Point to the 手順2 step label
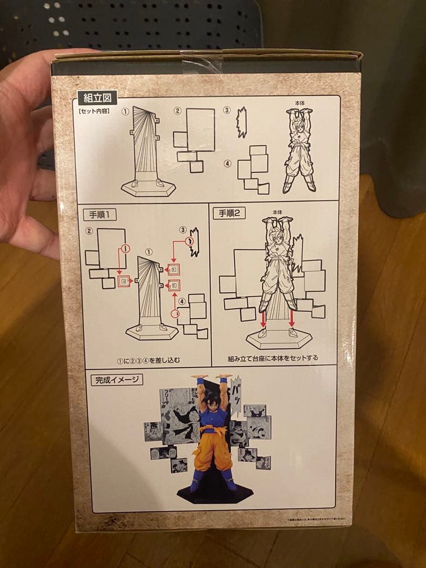tap(229, 212)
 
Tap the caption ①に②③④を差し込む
tap(148, 359)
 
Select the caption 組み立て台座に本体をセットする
tap(273, 358)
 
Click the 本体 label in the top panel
tap(300, 104)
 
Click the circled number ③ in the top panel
tap(227, 111)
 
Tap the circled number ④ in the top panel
tap(227, 164)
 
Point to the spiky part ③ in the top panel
tap(241, 122)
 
